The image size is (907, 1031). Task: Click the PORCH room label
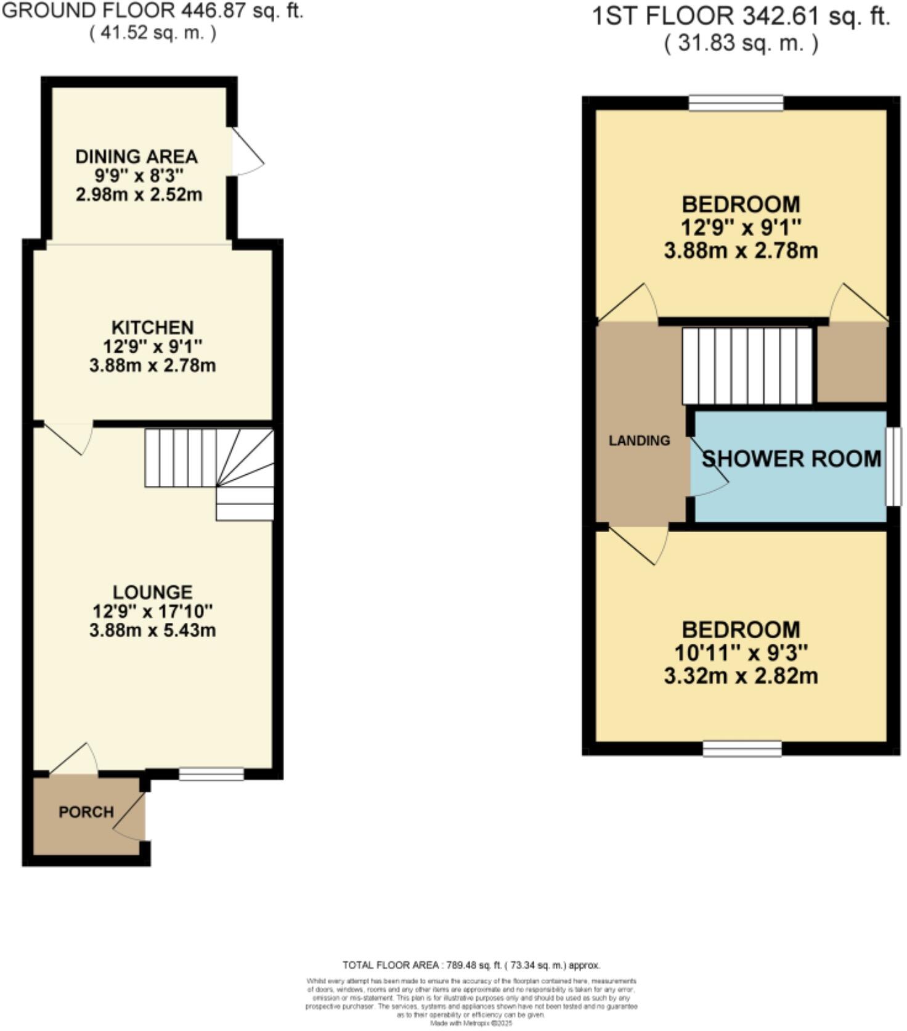86,812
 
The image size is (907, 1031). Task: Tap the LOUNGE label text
152,593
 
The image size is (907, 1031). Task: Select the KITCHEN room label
152,327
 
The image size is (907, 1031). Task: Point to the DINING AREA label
136,157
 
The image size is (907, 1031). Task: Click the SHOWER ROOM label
792,459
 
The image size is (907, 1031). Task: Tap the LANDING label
639,441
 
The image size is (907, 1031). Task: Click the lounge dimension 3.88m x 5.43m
152,631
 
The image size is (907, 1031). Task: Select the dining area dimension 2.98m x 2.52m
139,195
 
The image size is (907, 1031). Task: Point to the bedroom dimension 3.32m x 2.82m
741,676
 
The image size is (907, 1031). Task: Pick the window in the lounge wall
211,774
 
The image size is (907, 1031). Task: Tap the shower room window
893,466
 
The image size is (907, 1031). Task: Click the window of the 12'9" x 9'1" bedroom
736,102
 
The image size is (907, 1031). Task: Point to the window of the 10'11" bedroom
742,749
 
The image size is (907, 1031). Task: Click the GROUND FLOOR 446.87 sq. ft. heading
153,11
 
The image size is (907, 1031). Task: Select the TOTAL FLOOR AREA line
471,965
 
